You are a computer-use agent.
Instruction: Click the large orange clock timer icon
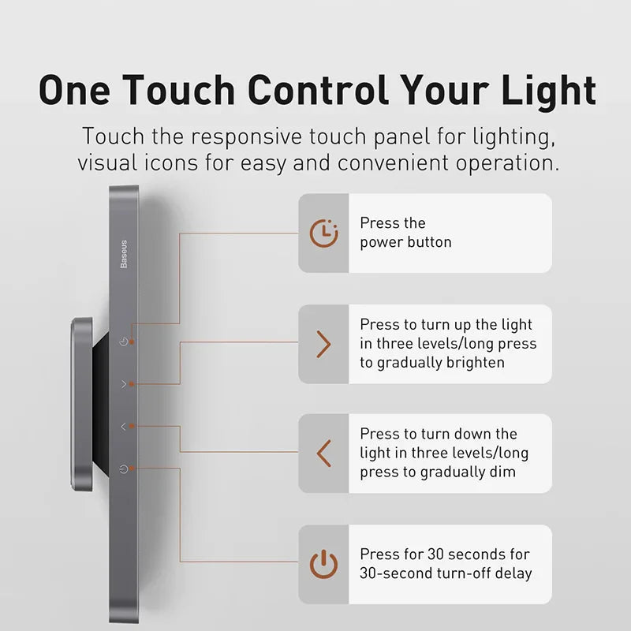(x=323, y=233)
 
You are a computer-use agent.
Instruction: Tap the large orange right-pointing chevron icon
(x=323, y=344)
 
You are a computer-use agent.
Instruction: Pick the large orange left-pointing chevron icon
(x=323, y=454)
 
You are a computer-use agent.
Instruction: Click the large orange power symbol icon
(x=323, y=565)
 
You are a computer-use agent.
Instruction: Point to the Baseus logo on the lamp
(x=124, y=254)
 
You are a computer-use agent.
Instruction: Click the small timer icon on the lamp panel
(x=123, y=342)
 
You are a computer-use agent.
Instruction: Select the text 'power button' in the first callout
(x=405, y=242)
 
